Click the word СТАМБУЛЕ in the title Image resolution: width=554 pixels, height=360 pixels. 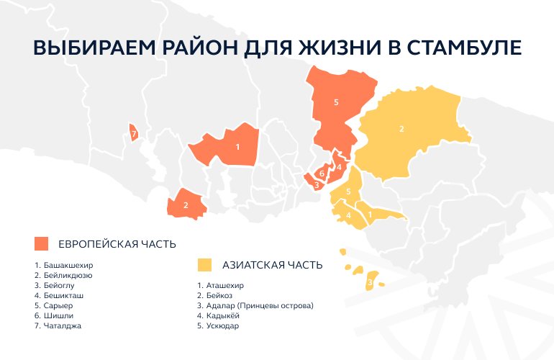tap(464, 48)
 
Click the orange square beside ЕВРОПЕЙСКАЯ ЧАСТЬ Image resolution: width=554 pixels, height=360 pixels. tap(41, 243)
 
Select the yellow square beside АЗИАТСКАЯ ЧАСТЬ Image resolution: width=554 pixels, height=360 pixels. tap(204, 265)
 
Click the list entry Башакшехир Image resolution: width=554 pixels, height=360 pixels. tap(63, 265)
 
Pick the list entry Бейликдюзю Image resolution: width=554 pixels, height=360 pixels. tap(63, 275)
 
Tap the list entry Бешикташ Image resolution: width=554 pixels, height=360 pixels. tap(59, 295)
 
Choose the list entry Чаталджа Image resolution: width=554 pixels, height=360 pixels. tap(58, 325)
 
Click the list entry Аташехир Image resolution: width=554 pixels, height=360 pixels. tap(220, 285)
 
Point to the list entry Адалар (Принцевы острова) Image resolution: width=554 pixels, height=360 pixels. tap(255, 305)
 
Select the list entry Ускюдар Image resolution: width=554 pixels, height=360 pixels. tap(218, 325)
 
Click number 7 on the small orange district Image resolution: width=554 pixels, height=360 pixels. tap(134, 134)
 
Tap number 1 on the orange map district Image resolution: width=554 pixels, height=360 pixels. tap(237, 147)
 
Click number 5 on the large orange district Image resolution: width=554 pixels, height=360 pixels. tap(336, 102)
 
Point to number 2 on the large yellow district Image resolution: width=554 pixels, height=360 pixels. tap(401, 129)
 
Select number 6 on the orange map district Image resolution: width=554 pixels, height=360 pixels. tap(322, 174)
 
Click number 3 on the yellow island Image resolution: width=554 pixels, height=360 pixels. tap(370, 282)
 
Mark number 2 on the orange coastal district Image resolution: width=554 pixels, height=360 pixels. tap(186, 205)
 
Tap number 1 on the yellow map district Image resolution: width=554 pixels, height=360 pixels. tap(370, 215)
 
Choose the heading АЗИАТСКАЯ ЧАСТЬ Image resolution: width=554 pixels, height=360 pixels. tap(273, 265)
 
